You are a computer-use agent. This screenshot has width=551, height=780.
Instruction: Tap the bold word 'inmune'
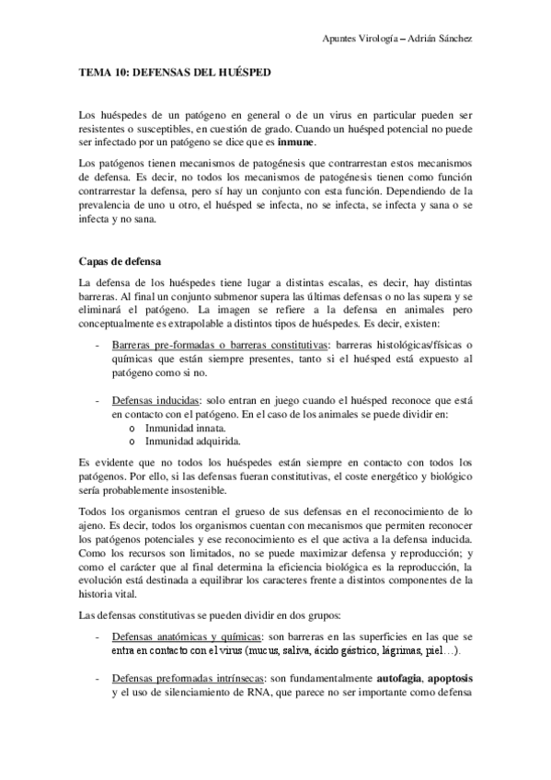pyautogui.click(x=293, y=143)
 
